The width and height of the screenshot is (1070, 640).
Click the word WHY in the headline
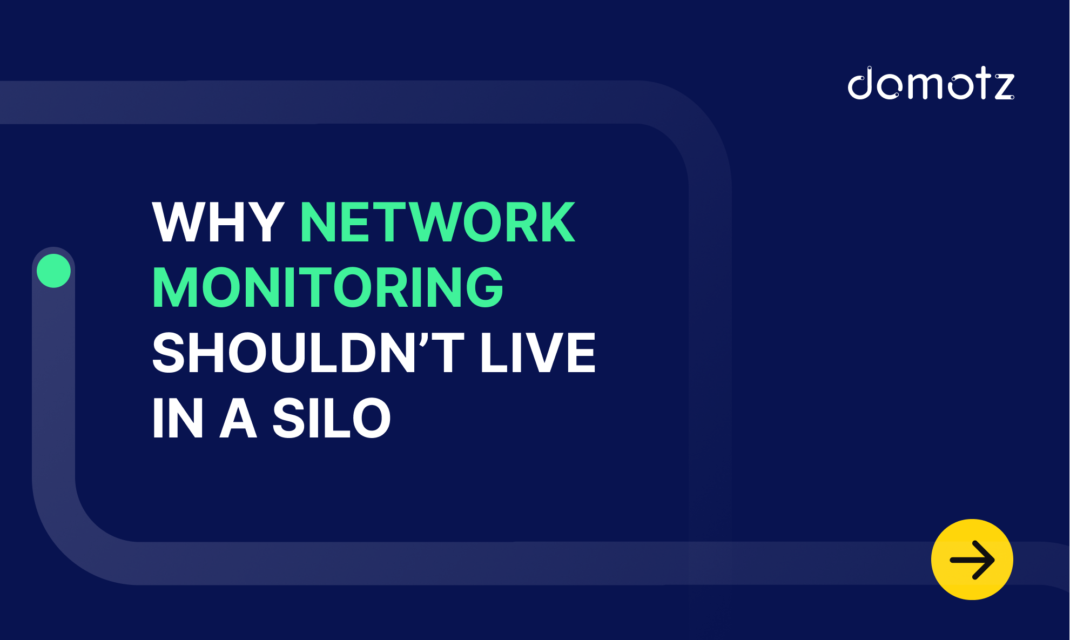click(218, 222)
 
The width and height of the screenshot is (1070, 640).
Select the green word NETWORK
click(438, 222)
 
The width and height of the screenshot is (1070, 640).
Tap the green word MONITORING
click(328, 287)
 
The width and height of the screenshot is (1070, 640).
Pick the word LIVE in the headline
click(538, 353)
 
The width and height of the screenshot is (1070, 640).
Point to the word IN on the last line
click(178, 418)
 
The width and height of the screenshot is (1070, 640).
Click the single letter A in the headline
click(238, 418)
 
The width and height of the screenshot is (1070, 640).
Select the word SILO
click(332, 418)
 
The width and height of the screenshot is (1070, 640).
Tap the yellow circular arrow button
click(972, 560)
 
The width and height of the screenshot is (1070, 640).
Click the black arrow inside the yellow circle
click(972, 560)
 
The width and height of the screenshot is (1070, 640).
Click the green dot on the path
click(53, 271)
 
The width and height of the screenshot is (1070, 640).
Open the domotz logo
click(931, 83)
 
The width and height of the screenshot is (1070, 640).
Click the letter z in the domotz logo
click(1005, 86)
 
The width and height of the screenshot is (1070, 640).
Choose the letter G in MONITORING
click(484, 287)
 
